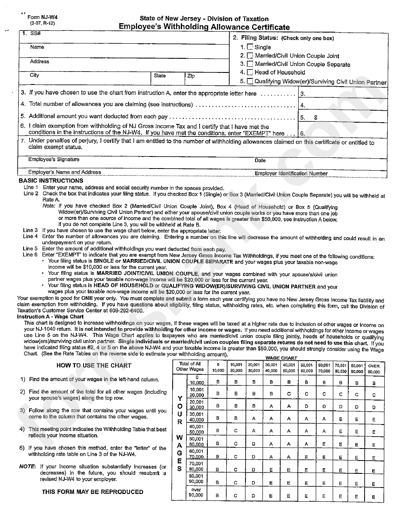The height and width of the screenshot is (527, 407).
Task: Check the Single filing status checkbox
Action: (x=250, y=47)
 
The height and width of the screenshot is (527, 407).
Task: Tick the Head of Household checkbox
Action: (x=250, y=72)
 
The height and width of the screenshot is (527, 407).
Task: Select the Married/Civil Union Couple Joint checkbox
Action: (x=250, y=56)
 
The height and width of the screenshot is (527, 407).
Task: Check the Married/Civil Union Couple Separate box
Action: (x=250, y=64)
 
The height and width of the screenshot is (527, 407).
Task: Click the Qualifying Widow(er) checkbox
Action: (x=250, y=81)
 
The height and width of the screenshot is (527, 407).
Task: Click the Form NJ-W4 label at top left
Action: (x=42, y=18)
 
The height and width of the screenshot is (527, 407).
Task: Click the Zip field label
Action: (x=191, y=76)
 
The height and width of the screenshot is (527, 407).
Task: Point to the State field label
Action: (x=160, y=75)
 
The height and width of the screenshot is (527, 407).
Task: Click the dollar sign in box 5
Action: (x=316, y=117)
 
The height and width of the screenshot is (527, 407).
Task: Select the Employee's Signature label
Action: (x=54, y=160)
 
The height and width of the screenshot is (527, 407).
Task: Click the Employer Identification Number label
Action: (x=291, y=174)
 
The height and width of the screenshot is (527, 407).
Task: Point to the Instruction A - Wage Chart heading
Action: (x=50, y=317)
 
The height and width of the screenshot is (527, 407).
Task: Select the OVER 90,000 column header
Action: (x=374, y=368)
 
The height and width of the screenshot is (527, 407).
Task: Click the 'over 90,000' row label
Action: (x=196, y=492)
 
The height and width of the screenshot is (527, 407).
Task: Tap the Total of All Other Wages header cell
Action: (x=190, y=367)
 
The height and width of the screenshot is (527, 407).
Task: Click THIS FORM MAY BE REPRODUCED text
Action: (x=93, y=492)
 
